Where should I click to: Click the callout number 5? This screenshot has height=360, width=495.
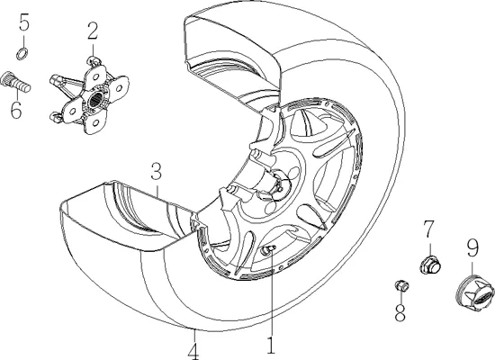(24, 22)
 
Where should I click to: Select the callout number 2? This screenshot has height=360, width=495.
(93, 31)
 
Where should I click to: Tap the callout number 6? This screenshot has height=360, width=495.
(16, 110)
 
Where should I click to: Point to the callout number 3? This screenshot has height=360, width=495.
(157, 171)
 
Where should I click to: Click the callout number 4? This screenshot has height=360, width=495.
(193, 351)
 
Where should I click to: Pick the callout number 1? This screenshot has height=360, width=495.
(271, 346)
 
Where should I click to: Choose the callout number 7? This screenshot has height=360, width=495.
(428, 229)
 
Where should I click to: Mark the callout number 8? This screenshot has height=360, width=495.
(400, 313)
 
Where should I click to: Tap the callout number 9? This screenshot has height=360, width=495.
(472, 248)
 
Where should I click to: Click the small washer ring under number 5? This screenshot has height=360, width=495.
(22, 54)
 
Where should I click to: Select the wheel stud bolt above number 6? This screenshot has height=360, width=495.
(16, 82)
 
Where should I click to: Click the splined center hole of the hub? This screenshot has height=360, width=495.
(95, 100)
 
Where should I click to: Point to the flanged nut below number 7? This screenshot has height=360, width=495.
(430, 265)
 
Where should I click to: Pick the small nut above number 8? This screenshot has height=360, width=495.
(401, 285)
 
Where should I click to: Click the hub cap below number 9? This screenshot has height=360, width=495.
(475, 291)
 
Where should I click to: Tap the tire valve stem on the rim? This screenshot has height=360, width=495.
(268, 250)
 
